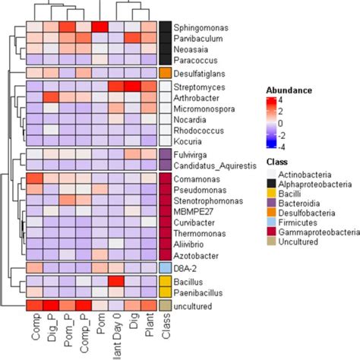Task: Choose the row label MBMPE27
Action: pyautogui.click(x=194, y=213)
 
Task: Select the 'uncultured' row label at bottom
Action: pyautogui.click(x=194, y=306)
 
